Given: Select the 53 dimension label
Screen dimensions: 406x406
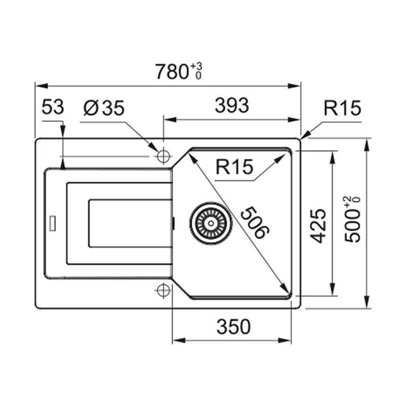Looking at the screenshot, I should (53, 108).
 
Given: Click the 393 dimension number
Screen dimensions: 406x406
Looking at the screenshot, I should (231, 106).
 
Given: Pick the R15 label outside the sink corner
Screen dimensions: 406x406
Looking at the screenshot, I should (342, 108).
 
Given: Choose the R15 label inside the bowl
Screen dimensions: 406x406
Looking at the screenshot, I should (234, 167).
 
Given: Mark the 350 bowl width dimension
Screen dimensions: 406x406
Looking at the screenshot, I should (233, 327).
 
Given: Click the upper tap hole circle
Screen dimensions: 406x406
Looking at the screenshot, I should (163, 156).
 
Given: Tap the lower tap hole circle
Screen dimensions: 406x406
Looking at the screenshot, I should (163, 290).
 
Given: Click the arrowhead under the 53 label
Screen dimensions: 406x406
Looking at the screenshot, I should (63, 164).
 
